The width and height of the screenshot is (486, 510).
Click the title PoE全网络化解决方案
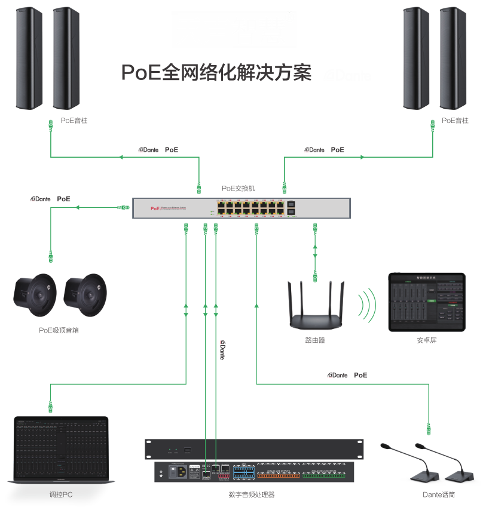point(216,73)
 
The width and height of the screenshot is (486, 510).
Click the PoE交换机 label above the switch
point(239,188)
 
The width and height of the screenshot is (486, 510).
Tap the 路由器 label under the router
point(315,340)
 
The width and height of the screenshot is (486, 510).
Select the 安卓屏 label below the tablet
point(426,340)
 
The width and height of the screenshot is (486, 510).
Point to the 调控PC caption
point(60,494)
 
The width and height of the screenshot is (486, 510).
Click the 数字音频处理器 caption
point(252,494)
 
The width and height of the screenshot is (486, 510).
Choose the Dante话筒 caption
point(442,494)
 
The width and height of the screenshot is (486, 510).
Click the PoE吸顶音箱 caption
point(59,330)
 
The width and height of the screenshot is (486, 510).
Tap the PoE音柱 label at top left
point(74,121)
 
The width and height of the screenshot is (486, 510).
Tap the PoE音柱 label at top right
point(455,121)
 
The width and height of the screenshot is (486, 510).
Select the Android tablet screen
point(426,302)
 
